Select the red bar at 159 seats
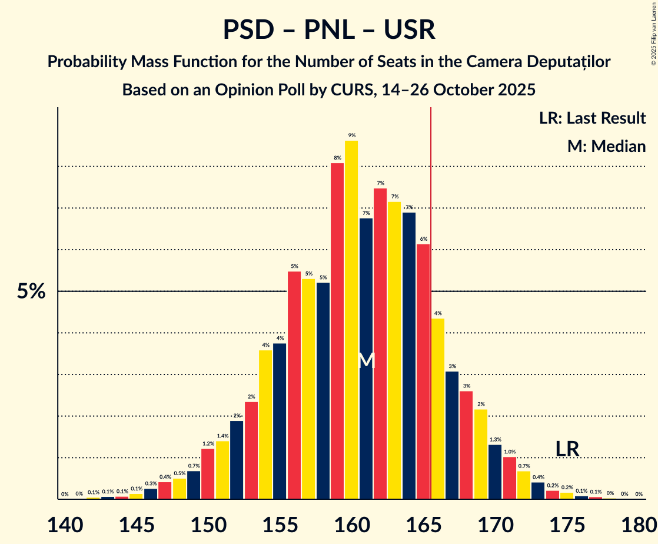pyautogui.click(x=337, y=331)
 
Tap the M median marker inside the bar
pyautogui.click(x=366, y=360)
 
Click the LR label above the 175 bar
pyautogui.click(x=567, y=449)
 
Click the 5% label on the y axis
pyautogui.click(x=31, y=291)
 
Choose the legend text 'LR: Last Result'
pyautogui.click(x=592, y=118)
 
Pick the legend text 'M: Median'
pyautogui.click(x=606, y=147)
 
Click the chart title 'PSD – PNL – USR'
pyautogui.click(x=329, y=30)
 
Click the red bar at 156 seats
pyautogui.click(x=294, y=385)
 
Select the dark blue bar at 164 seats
pyautogui.click(x=409, y=356)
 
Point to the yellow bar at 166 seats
pyautogui.click(x=438, y=409)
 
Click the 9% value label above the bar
pyautogui.click(x=351, y=135)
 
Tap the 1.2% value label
pyautogui.click(x=208, y=443)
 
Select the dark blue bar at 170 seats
pyautogui.click(x=495, y=472)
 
